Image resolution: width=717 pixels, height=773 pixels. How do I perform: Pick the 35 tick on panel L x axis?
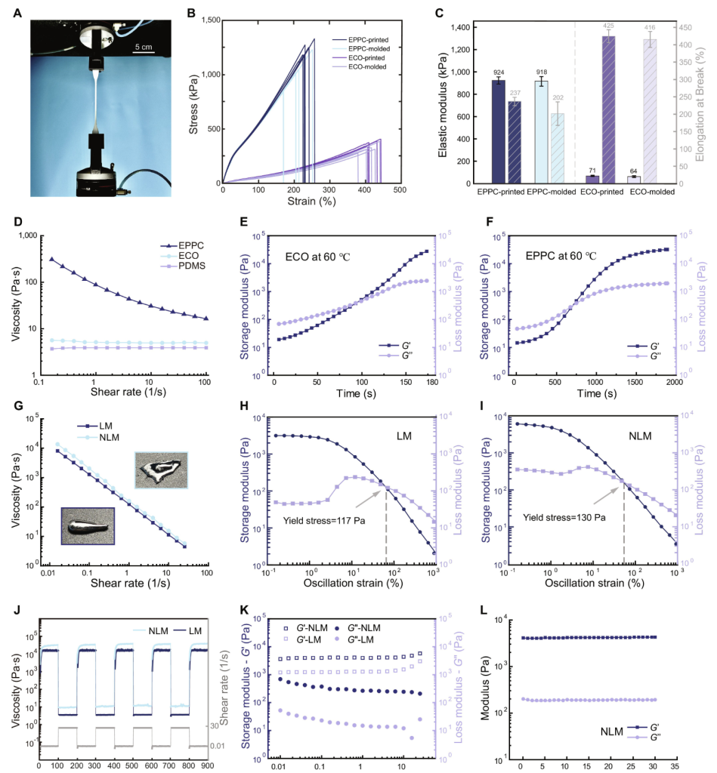click(674, 765)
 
